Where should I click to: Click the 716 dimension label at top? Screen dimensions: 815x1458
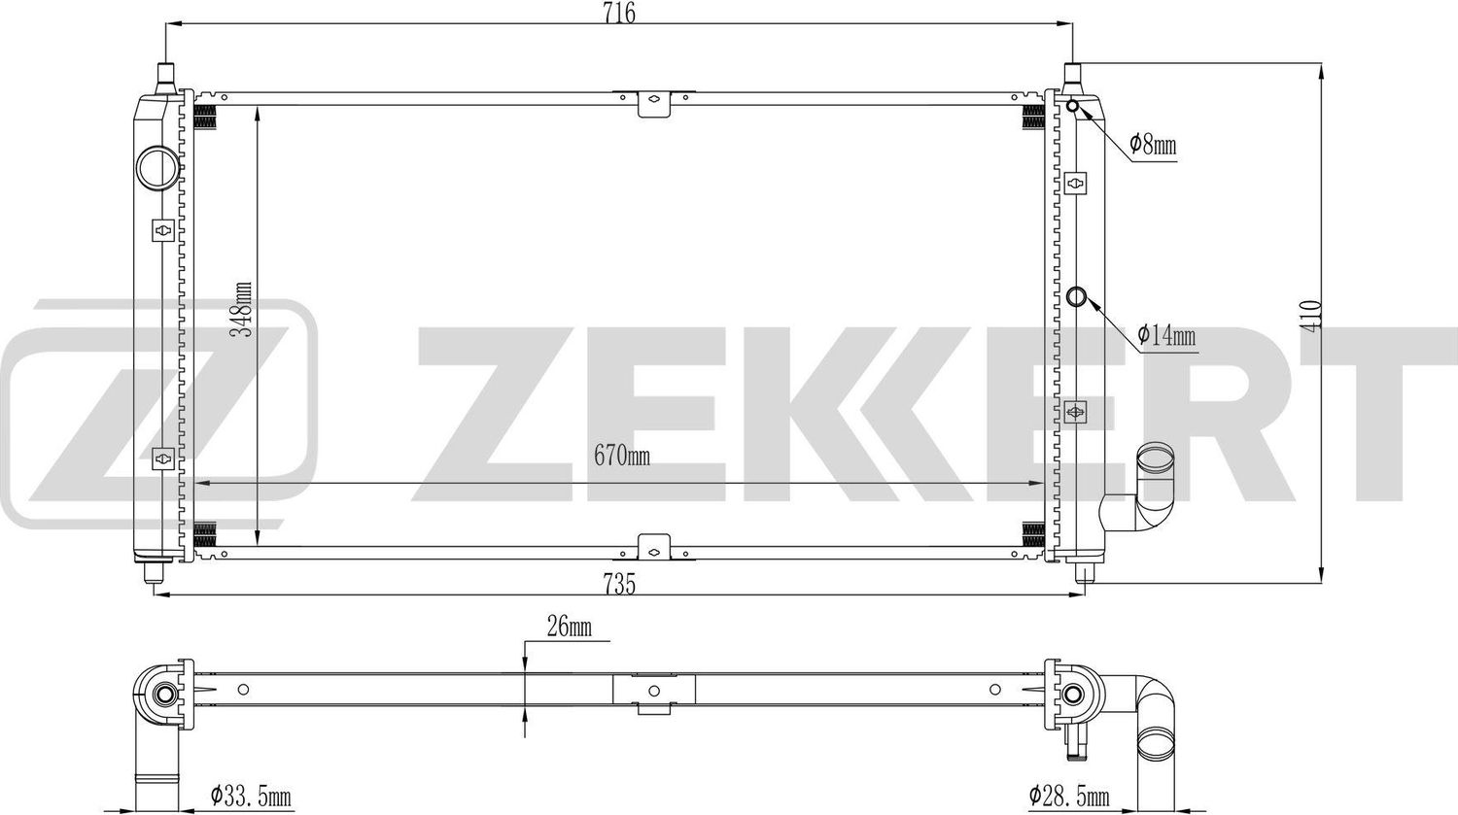[619, 13]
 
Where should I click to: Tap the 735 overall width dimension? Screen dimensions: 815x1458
[619, 585]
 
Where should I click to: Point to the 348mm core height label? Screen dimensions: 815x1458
[244, 309]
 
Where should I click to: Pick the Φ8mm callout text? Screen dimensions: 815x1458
[1153, 146]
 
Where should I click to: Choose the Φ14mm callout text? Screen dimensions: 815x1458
[1166, 336]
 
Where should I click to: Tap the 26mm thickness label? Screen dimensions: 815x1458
[569, 628]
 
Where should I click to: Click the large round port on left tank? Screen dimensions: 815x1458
[157, 166]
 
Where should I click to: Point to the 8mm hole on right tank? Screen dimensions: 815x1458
[1074, 106]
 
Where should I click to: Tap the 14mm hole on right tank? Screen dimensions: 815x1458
[1077, 296]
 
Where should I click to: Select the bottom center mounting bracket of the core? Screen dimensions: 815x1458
[655, 548]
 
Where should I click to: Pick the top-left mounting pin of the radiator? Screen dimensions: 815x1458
[166, 76]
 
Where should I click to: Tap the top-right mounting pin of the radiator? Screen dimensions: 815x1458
[1073, 76]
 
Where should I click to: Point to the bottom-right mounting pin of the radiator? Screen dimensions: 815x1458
[1081, 574]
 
